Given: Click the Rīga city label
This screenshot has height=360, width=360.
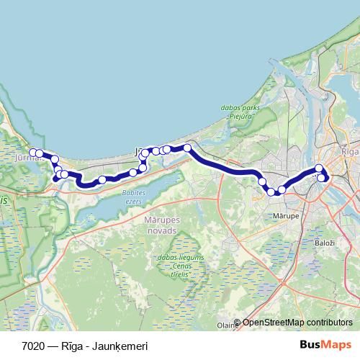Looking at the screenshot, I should [349, 153].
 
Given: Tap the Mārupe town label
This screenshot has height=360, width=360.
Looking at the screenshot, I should [287, 215].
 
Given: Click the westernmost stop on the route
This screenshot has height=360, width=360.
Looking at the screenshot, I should [32, 153].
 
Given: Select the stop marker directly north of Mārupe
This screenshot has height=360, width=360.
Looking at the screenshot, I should [282, 189].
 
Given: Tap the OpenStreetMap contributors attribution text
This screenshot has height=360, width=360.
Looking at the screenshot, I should [297, 322].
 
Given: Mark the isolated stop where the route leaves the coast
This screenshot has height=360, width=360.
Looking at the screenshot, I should [187, 148].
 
